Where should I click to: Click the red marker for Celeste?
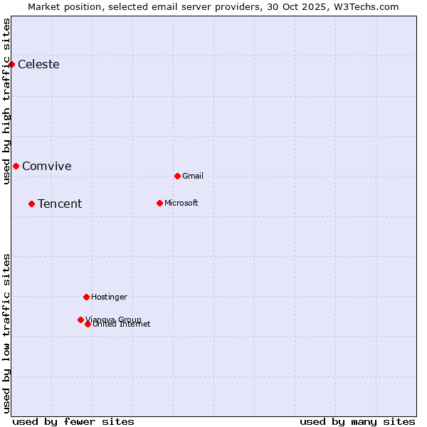[11, 65]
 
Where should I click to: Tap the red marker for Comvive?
[16, 167]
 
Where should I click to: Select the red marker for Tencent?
[31, 204]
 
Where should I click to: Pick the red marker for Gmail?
[177, 176]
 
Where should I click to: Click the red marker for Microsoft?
[159, 204]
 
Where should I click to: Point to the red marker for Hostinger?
[86, 297]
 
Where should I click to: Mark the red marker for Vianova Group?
[80, 320]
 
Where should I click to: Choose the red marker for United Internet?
[88, 325]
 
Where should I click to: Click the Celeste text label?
[38, 65]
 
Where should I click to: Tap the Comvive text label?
[47, 167]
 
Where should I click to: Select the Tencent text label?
[60, 204]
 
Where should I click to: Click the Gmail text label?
[193, 176]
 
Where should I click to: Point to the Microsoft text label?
[181, 204]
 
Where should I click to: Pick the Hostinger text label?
[109, 297]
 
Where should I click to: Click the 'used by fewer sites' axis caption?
[73, 421]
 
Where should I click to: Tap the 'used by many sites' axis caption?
[357, 421]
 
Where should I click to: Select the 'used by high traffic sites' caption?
[7, 101]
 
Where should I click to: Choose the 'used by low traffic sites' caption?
[7, 332]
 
